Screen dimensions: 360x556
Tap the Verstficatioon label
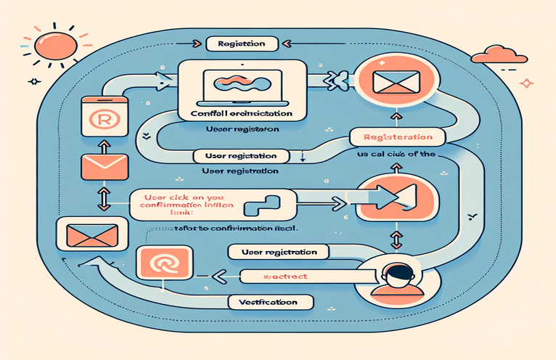click(271, 300)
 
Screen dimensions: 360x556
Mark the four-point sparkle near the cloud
click(527, 83)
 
